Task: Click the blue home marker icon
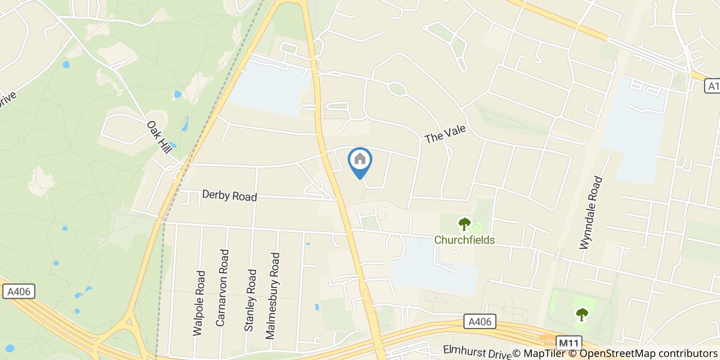pos(360,160)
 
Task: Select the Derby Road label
pos(229,196)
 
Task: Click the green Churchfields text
pos(464,240)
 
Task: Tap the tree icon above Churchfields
pos(464,224)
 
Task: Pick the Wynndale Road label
pos(590,213)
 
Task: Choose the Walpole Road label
pos(200,303)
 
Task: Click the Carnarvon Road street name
pos(222,287)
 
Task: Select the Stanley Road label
pos(250,300)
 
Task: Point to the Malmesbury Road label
pos(273,295)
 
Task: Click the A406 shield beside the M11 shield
pos(479,322)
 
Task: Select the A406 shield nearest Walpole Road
pos(20,292)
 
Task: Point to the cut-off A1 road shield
pos(712,86)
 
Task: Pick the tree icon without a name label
pos(582,313)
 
